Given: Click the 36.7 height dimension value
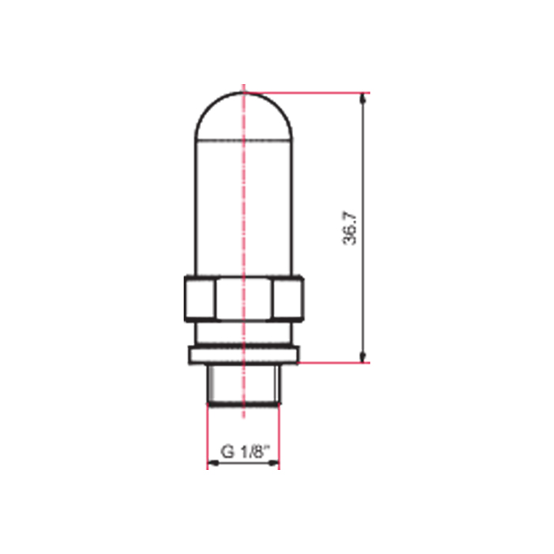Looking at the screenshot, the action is pyautogui.click(x=350, y=228).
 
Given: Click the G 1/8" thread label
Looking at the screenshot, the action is pyautogui.click(x=245, y=452).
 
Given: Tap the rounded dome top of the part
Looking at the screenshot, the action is pyautogui.click(x=244, y=93).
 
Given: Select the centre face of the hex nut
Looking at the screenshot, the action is pyautogui.click(x=244, y=298).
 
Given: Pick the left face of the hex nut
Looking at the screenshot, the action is pyautogui.click(x=200, y=298).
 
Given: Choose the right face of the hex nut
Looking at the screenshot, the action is pyautogui.click(x=288, y=298).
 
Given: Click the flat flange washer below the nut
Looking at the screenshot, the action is pyautogui.click(x=244, y=355).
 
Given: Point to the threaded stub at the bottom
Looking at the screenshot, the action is pyautogui.click(x=244, y=385).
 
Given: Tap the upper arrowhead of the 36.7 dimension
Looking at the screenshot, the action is pyautogui.click(x=362, y=98).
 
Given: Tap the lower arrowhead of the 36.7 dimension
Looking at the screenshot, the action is pyautogui.click(x=362, y=358).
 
